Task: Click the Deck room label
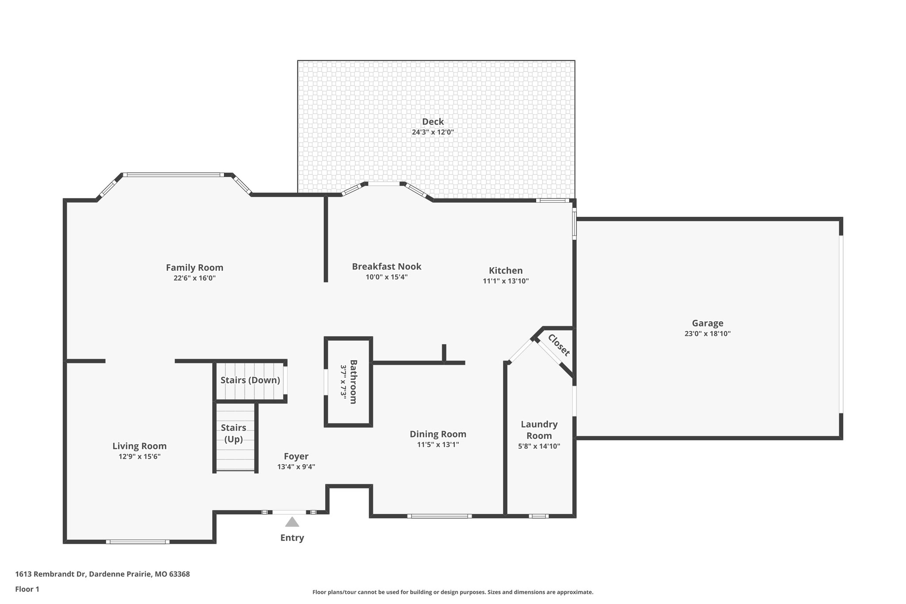[433, 122]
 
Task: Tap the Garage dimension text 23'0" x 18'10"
[707, 334]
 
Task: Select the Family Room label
[194, 268]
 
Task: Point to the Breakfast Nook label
[386, 266]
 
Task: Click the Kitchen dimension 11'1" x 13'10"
[506, 281]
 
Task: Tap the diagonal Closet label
[559, 345]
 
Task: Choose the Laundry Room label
[539, 430]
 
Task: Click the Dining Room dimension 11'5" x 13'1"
[438, 445]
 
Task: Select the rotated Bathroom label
[353, 381]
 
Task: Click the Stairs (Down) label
[250, 380]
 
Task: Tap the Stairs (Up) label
[233, 433]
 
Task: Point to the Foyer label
[296, 456]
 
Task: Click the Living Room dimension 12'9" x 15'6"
[139, 457]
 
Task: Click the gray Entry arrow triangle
[292, 522]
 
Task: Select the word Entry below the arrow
[292, 538]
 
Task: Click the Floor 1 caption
[27, 589]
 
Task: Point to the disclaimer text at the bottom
[453, 592]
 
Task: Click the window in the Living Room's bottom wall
[138, 542]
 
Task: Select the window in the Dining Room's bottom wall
[439, 516]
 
